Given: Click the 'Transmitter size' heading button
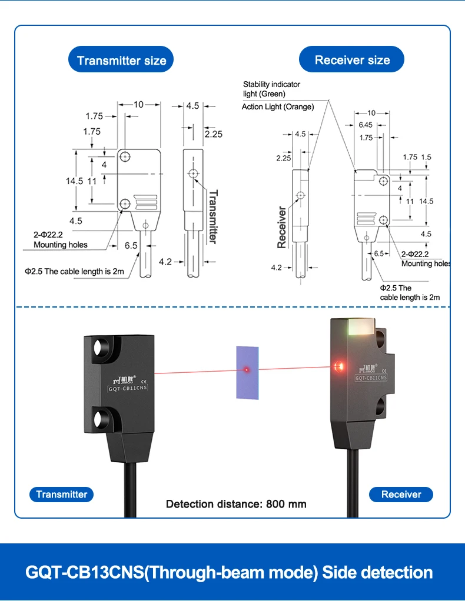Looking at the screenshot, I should point(121,60).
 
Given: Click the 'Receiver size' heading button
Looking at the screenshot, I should point(352,59).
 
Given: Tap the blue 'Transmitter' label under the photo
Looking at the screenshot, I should point(61,494).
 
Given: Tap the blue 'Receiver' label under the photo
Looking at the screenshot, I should point(401,494).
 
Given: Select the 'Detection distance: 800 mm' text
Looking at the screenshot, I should point(236,503).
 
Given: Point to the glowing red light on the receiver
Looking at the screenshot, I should point(338,368).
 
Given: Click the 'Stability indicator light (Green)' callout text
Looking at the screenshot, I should point(271,89).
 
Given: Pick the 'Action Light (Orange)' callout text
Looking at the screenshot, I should point(278,106).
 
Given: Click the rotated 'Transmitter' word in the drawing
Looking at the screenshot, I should point(212,216).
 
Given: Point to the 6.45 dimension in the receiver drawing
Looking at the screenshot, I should point(365,125).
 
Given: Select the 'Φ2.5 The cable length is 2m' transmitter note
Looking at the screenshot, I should point(74,271).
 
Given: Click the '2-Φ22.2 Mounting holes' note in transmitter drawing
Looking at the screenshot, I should point(60,239).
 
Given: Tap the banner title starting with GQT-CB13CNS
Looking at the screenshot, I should point(229,572).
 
